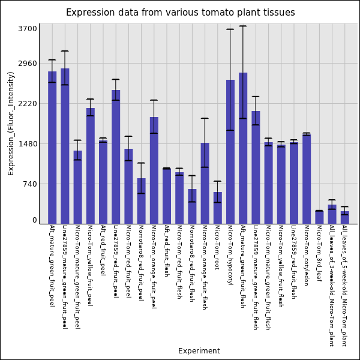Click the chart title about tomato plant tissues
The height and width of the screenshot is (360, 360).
[x=180, y=13]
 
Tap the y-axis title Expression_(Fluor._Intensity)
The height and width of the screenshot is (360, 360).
[x=11, y=123]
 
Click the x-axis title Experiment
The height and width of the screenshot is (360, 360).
[x=199, y=351]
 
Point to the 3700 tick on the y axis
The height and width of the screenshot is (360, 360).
[x=28, y=28]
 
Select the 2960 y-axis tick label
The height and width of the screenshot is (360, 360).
[x=28, y=63]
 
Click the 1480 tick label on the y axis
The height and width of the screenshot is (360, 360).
[x=28, y=144]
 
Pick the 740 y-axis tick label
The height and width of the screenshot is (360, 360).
[x=29, y=184]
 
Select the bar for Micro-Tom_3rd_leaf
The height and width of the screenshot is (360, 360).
[x=319, y=217]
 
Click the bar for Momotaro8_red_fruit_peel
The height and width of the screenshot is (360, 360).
[x=141, y=201]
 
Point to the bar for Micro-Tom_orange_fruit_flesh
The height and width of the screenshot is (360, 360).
[x=205, y=183]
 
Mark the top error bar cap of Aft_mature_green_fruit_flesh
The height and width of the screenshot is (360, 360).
[x=243, y=26]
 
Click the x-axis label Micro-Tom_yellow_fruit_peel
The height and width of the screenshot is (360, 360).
[x=90, y=265]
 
